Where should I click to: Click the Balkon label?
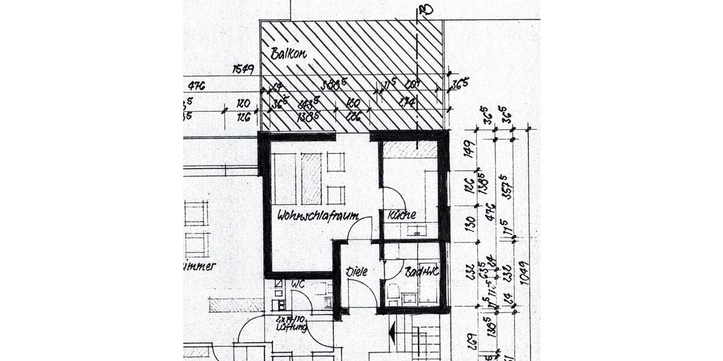point(289,54)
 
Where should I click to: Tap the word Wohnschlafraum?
point(318,215)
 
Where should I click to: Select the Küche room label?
point(402,215)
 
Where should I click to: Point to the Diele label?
point(356,271)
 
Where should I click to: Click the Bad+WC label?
point(421,271)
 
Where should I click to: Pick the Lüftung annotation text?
point(292,328)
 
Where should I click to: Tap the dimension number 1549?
point(244,70)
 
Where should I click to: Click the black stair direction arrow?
point(392,331)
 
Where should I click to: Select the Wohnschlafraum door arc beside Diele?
point(360,229)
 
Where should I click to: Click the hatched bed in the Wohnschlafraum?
point(311,178)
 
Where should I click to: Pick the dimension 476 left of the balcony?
point(196,86)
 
